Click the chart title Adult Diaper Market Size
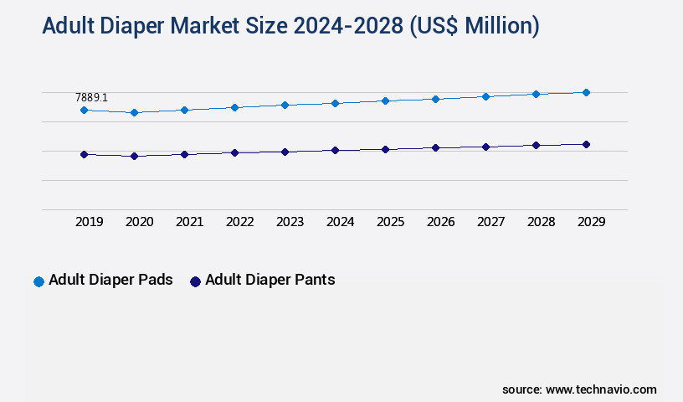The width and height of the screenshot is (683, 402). click(290, 27)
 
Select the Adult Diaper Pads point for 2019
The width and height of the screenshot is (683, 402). click(84, 110)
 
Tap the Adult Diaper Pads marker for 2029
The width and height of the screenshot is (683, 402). click(586, 92)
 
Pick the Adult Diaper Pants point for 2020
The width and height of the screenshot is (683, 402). click(134, 156)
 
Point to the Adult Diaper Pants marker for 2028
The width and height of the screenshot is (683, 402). click(536, 145)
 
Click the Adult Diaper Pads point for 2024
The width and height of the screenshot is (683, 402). click(335, 103)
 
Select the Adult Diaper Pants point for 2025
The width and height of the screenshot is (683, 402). click(385, 149)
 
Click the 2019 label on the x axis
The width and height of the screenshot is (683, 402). click(90, 222)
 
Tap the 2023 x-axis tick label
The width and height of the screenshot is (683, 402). click(290, 222)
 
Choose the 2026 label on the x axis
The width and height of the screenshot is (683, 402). click(441, 222)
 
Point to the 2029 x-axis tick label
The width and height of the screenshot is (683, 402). click(592, 222)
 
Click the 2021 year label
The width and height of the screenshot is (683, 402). click(190, 222)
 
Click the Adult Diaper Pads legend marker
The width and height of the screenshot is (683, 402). click(39, 281)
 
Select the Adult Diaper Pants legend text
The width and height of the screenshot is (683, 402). click(270, 280)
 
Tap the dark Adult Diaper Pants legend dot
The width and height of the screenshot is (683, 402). click(195, 281)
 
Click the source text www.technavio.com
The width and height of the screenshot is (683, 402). click(601, 389)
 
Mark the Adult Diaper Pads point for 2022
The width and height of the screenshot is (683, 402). click(234, 107)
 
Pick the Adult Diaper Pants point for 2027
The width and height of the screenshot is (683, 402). click(485, 147)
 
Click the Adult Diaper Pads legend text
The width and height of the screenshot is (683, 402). click(110, 280)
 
